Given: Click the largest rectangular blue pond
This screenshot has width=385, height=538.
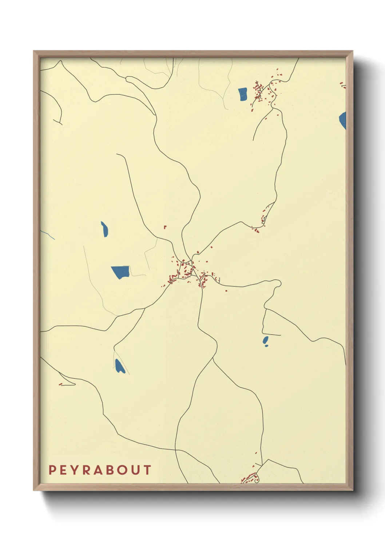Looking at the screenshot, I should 120,272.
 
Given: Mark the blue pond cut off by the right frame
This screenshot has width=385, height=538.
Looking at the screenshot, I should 343,120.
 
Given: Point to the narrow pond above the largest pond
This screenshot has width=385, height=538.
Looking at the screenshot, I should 104,229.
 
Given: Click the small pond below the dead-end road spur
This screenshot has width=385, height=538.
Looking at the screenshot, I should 266,341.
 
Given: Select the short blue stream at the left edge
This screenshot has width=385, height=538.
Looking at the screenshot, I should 47,234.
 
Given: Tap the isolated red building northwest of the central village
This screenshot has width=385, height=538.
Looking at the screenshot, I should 165,227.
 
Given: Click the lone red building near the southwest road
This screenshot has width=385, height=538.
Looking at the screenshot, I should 61,384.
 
